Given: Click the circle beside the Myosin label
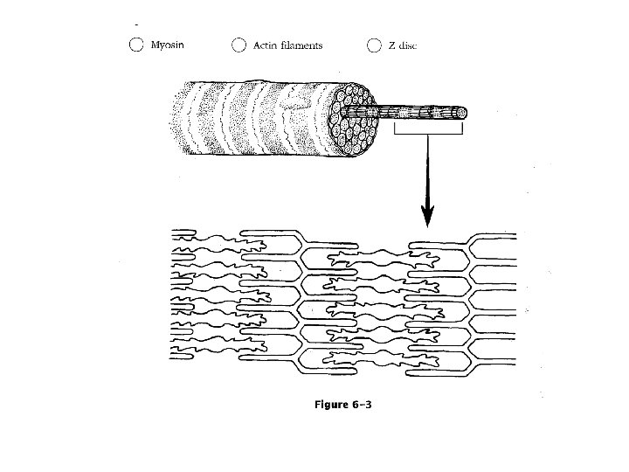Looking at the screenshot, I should [136, 45].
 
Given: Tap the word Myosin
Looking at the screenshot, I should [168, 45].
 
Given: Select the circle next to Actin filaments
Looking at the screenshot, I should [238, 45].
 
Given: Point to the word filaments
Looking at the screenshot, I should [301, 45].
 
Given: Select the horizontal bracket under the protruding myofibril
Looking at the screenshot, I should [428, 131].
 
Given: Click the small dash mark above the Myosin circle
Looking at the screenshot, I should [136, 24].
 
